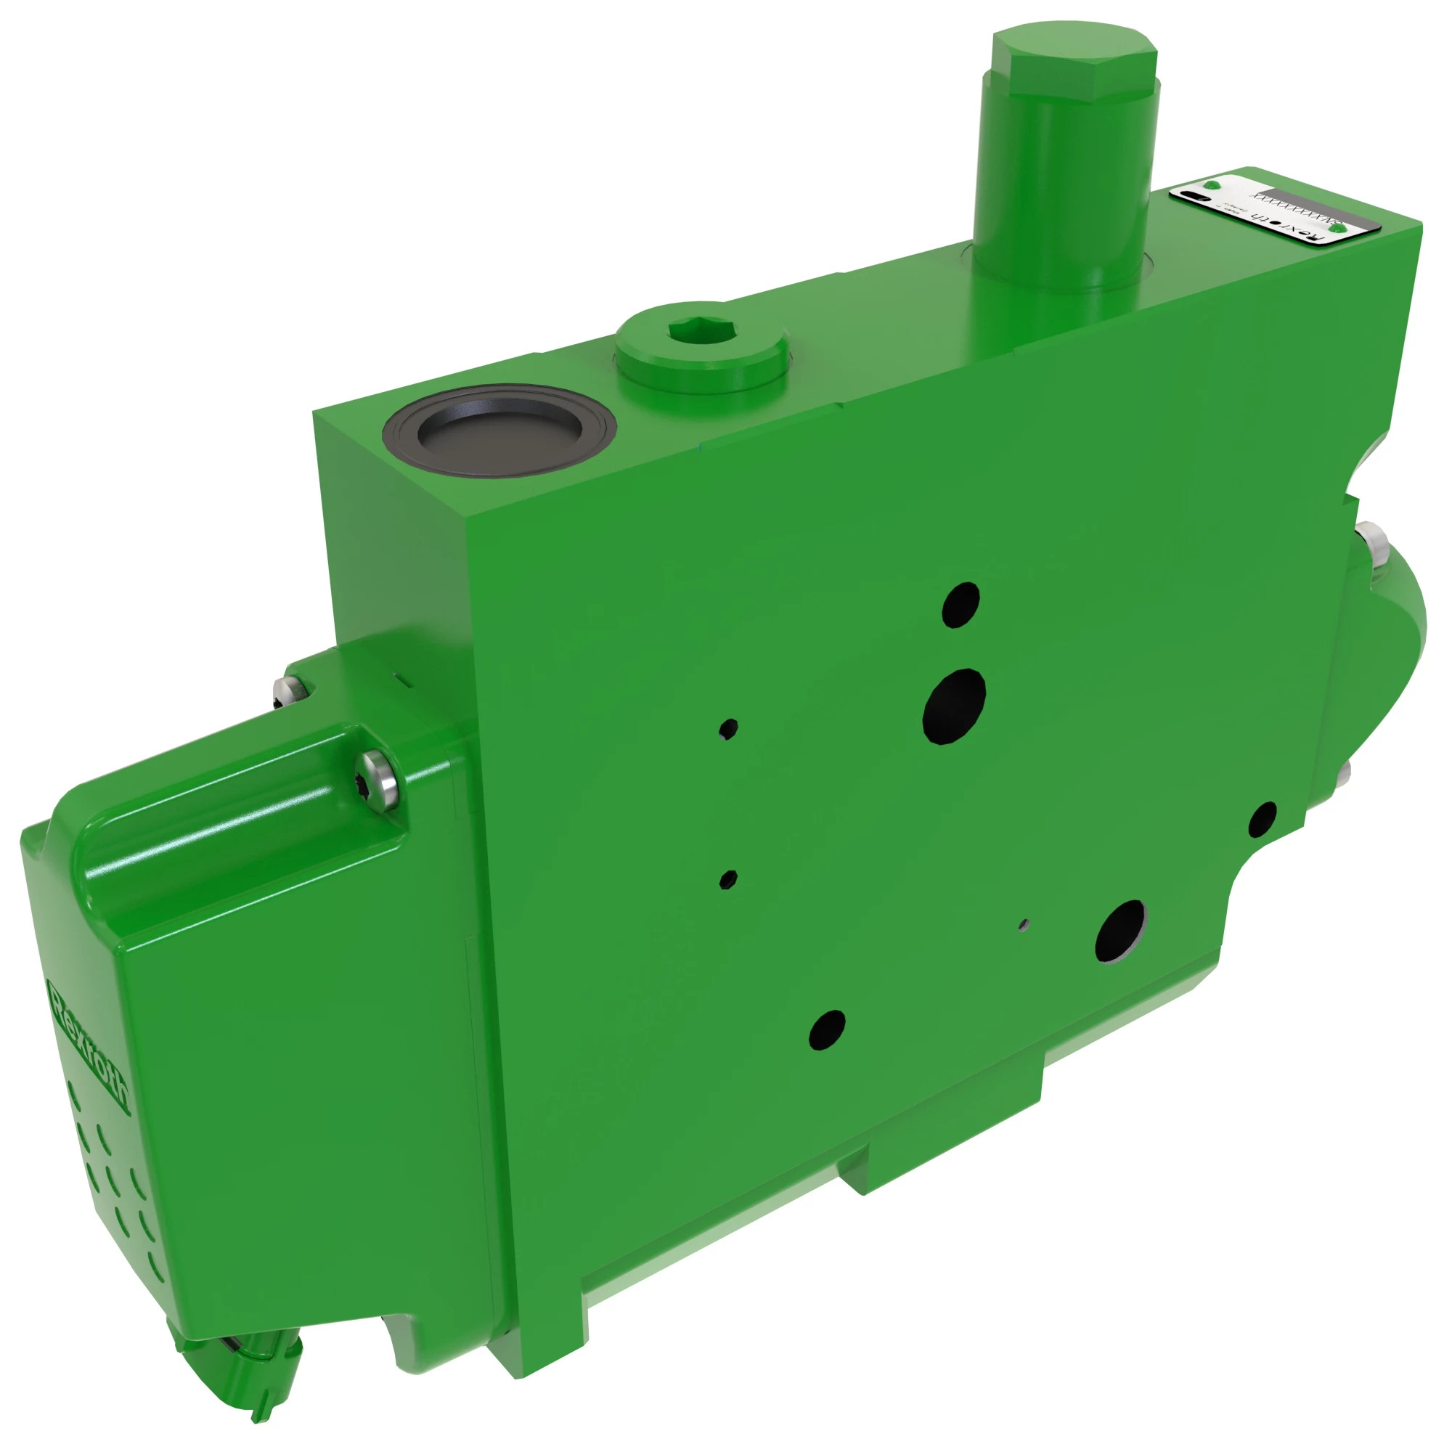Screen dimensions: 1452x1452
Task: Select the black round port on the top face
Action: point(499,436)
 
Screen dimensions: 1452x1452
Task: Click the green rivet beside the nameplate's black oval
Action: point(1212,184)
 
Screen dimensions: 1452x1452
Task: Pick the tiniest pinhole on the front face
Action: point(1024,923)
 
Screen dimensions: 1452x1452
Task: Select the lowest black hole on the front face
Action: point(827,1029)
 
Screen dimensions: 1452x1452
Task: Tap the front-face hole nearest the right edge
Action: point(1263,818)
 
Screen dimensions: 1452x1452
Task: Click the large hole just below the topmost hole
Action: point(954,706)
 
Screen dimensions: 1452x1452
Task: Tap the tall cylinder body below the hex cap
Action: point(1064,195)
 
